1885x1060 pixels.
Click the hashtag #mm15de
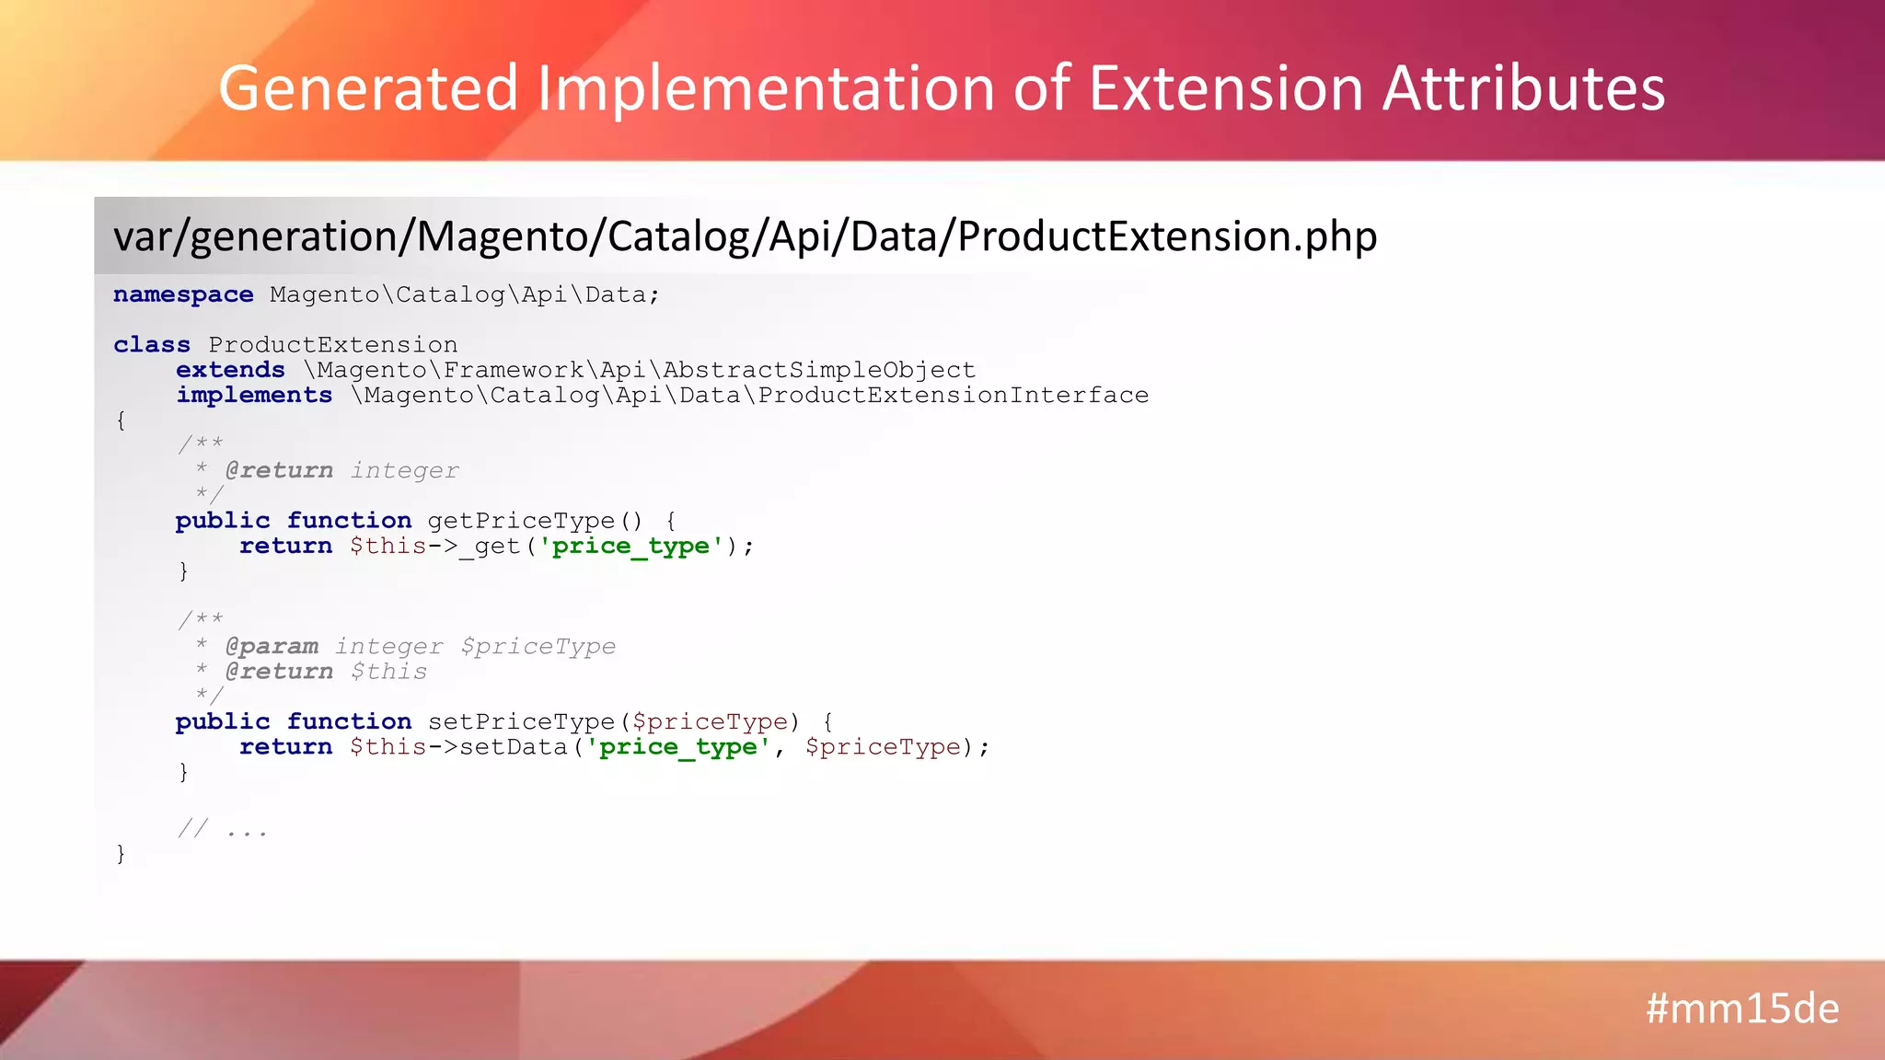pyautogui.click(x=1741, y=1008)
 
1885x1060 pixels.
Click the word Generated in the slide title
pyautogui.click(x=368, y=88)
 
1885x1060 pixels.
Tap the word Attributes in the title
pyautogui.click(x=1523, y=88)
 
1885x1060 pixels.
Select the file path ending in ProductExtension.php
pyautogui.click(x=745, y=236)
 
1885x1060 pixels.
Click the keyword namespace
pyautogui.click(x=183, y=294)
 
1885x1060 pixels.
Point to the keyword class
pyautogui.click(x=152, y=345)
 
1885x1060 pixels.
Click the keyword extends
pyautogui.click(x=230, y=370)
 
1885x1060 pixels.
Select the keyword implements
pyautogui.click(x=254, y=396)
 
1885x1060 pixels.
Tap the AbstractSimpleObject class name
pyautogui.click(x=818, y=370)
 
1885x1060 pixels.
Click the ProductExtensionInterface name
pyautogui.click(x=953, y=396)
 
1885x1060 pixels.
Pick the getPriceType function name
pyautogui.click(x=521, y=521)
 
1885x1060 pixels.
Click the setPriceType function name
pyautogui.click(x=521, y=721)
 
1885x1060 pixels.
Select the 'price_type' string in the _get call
pyautogui.click(x=630, y=547)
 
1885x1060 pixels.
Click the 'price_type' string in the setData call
pyautogui.click(x=678, y=747)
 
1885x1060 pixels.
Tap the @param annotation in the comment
pyautogui.click(x=272, y=646)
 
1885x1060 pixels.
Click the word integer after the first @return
pyautogui.click(x=404, y=470)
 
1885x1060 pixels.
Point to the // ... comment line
pyautogui.click(x=223, y=830)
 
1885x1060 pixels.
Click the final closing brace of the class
pyautogui.click(x=121, y=855)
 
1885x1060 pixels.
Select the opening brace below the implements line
pyautogui.click(x=121, y=421)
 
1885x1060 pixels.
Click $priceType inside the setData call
pyautogui.click(x=883, y=747)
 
